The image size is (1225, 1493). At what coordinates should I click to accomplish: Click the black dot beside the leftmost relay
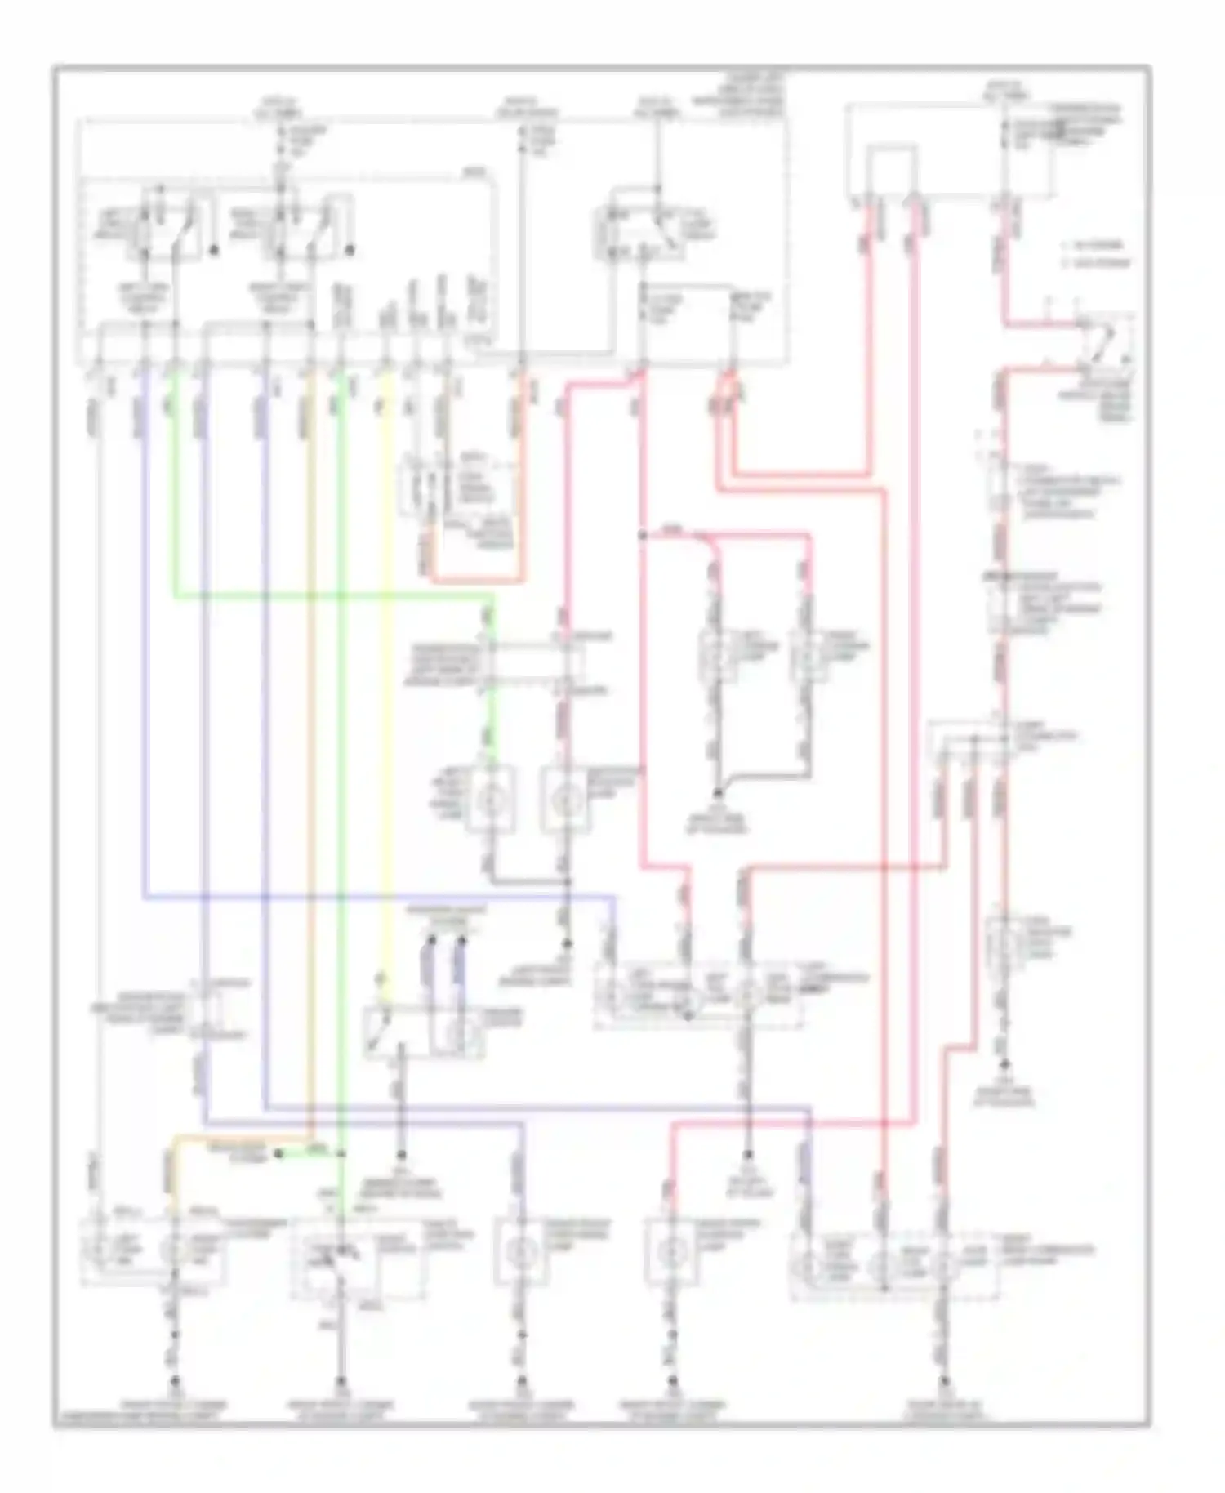pyautogui.click(x=215, y=250)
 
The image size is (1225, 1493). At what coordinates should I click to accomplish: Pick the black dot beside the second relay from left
pyautogui.click(x=351, y=250)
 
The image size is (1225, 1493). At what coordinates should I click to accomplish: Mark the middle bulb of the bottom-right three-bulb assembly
pyautogui.click(x=884, y=1267)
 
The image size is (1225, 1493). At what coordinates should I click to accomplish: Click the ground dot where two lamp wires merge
pyautogui.click(x=718, y=793)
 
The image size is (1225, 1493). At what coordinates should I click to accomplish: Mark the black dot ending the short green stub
pyautogui.click(x=278, y=1153)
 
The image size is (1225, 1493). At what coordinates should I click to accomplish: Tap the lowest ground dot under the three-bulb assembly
pyautogui.click(x=944, y=1380)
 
